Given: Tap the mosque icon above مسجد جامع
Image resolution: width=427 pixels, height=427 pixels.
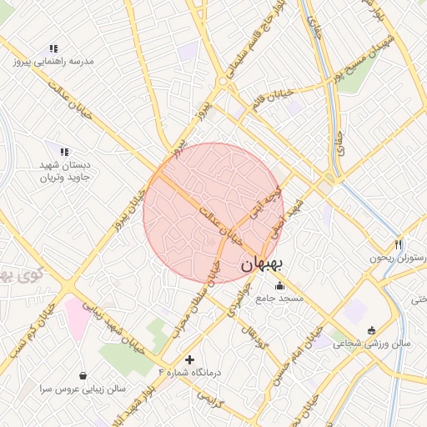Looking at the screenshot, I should pos(279,286).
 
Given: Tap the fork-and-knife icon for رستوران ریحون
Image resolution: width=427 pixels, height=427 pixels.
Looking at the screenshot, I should pos(399,245).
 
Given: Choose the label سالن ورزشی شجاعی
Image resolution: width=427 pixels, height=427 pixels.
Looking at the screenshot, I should pos(372,343).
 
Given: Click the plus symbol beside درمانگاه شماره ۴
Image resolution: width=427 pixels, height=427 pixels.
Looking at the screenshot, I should pos(190,359).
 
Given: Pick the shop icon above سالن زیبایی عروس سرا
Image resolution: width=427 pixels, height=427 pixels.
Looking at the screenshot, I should pos(82,376).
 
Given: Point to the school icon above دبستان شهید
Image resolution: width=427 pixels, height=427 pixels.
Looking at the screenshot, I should pos(63,151).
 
